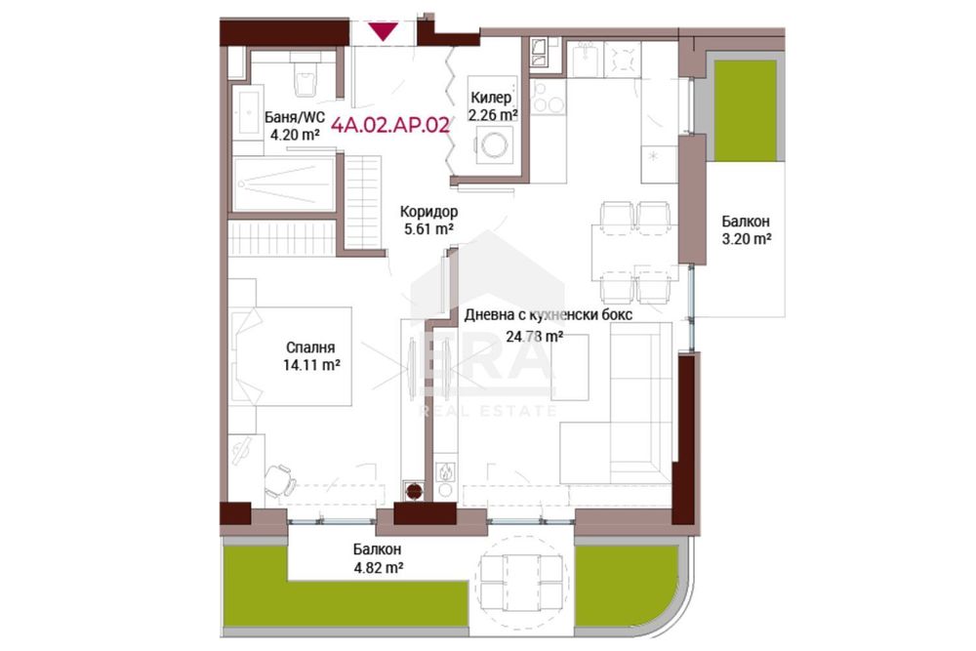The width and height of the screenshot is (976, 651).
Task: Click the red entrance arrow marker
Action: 383,31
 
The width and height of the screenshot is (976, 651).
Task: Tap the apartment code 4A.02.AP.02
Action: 390,125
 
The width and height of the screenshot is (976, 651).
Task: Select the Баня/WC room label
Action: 295,118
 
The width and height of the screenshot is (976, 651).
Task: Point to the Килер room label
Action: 491,97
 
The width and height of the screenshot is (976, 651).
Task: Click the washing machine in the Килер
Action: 495,145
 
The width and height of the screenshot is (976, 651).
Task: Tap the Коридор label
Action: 428,212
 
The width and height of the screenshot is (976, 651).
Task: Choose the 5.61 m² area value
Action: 428,229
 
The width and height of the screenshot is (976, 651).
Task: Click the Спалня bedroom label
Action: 310,347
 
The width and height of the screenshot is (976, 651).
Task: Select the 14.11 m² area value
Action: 311,365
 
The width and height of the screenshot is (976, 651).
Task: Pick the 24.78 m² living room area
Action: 535,337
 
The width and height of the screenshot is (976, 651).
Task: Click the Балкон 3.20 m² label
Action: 746,229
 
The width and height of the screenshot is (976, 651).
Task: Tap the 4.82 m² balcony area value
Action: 378,568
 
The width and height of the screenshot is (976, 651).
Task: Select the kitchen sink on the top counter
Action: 587,59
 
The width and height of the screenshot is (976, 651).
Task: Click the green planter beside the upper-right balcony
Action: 745,110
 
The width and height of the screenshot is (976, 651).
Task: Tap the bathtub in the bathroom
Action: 284,184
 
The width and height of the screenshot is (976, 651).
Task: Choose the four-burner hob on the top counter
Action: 623,59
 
